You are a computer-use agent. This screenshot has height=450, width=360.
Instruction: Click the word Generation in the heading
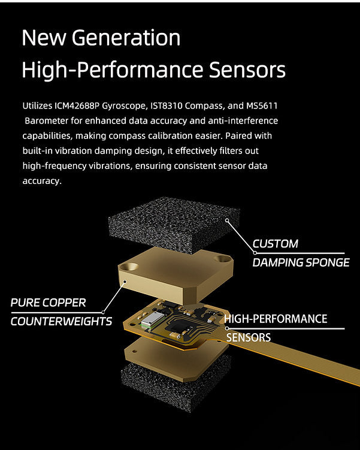pyautogui.click(x=126, y=38)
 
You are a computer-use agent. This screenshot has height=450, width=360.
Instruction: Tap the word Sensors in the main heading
pyautogui.click(x=247, y=70)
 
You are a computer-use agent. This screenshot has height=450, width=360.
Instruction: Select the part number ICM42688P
pyautogui.click(x=77, y=106)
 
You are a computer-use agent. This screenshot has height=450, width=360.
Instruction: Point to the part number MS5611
pyautogui.click(x=262, y=106)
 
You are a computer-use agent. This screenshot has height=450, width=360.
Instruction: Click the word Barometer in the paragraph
pyautogui.click(x=47, y=121)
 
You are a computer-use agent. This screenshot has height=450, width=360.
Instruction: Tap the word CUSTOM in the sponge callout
pyautogui.click(x=276, y=244)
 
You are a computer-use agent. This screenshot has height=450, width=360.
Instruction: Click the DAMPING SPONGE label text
pyautogui.click(x=301, y=262)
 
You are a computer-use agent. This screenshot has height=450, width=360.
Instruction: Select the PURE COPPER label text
pyautogui.click(x=48, y=303)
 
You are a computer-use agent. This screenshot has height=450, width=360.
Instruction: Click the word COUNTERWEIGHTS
pyautogui.click(x=61, y=321)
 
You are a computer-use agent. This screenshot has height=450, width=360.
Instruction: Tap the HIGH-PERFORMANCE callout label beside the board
pyautogui.click(x=276, y=319)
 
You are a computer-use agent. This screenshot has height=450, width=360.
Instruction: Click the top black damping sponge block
pyautogui.click(x=174, y=225)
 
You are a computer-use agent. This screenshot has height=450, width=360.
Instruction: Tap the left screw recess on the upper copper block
pyautogui.click(x=129, y=267)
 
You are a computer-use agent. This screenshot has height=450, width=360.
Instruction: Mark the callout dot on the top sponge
pyautogui.click(x=227, y=221)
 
